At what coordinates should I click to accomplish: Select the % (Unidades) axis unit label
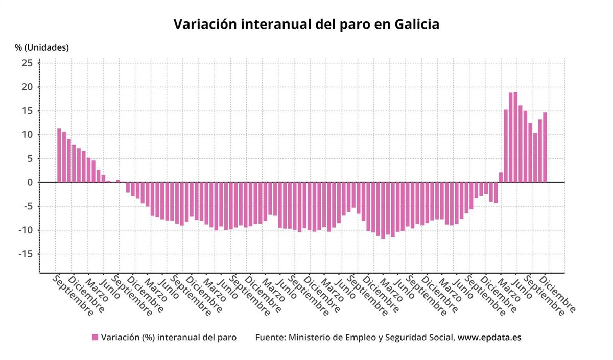click(41, 47)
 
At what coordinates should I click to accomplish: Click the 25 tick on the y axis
click(27, 63)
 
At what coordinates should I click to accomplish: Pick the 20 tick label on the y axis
click(27, 87)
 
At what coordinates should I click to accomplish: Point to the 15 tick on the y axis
click(27, 111)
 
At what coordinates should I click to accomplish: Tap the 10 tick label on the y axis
click(27, 135)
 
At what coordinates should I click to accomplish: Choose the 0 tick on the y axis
click(30, 182)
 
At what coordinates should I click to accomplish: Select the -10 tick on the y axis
click(26, 230)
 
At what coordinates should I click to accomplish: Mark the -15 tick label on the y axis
click(26, 254)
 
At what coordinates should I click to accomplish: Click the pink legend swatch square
click(95, 337)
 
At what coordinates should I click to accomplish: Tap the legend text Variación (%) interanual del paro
click(169, 338)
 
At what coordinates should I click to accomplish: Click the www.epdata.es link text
click(489, 338)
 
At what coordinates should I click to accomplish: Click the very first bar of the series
click(59, 155)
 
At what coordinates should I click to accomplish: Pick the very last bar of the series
click(545, 148)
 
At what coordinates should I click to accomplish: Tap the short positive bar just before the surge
click(501, 177)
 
